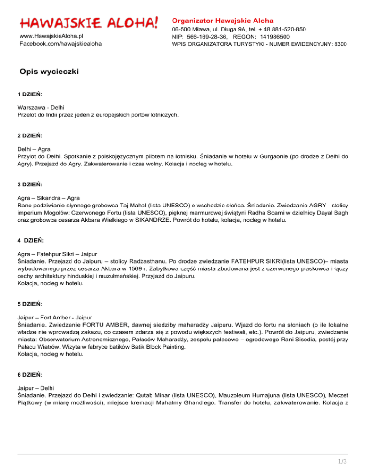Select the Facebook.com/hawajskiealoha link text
pyautogui.click(x=60, y=44)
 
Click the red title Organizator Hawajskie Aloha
pyautogui.click(x=223, y=21)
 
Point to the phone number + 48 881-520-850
pyautogui.click(x=278, y=29)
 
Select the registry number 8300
pyautogui.click(x=339, y=44)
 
